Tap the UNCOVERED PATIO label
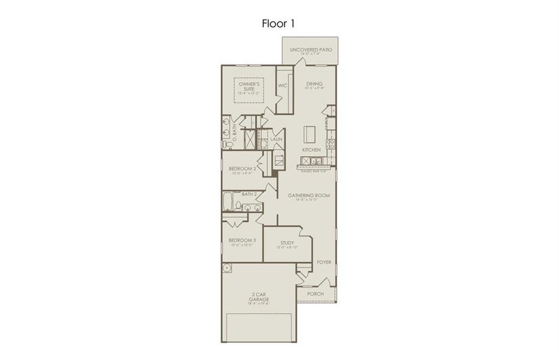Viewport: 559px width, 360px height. (x=310, y=50)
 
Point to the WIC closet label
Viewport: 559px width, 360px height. (x=282, y=86)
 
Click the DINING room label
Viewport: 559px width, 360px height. (x=314, y=84)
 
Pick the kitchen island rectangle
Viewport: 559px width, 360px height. (x=310, y=133)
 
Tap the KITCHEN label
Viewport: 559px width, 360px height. (x=311, y=149)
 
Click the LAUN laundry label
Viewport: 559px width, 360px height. (x=276, y=139)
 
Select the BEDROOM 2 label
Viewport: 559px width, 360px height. (x=242, y=169)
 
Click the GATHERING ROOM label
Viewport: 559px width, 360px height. (x=309, y=196)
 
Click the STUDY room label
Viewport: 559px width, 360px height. (x=286, y=243)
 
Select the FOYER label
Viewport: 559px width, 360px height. (x=324, y=262)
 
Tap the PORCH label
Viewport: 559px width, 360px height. (x=315, y=294)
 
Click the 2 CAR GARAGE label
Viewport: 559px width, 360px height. (x=259, y=297)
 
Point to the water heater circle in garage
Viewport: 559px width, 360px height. (x=228, y=268)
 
